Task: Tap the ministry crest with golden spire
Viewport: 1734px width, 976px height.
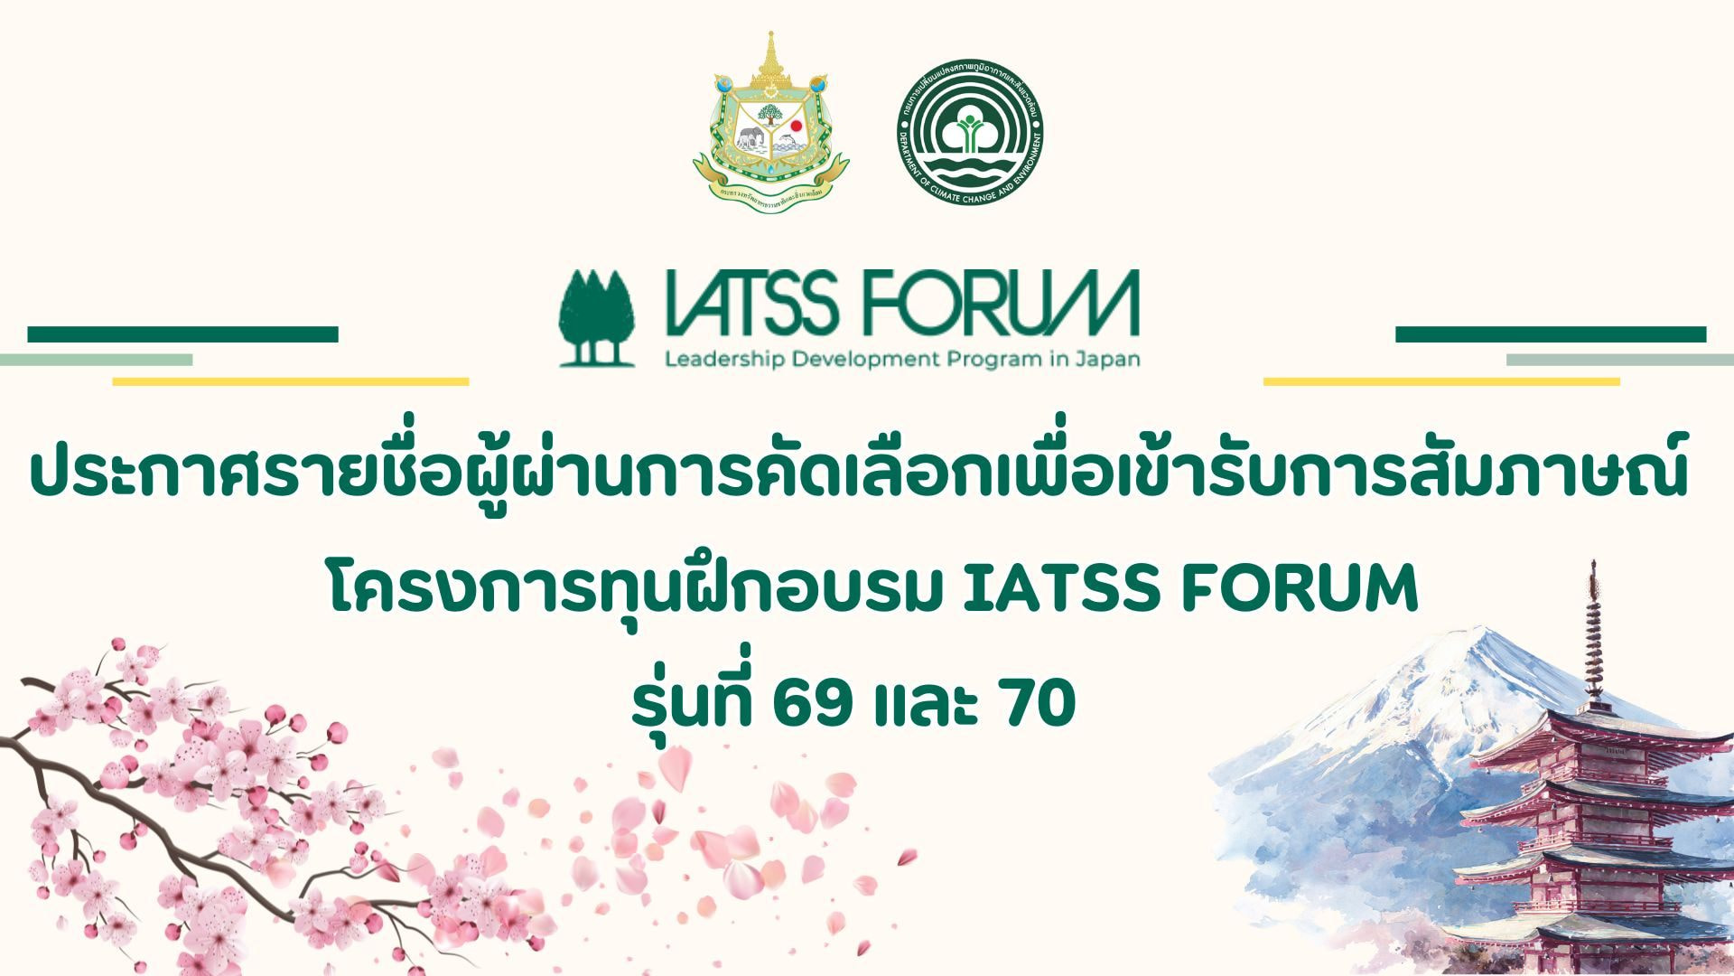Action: (x=770, y=122)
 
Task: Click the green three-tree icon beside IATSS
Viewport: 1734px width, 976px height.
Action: (x=596, y=318)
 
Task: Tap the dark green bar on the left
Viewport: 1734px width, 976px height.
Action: (x=182, y=334)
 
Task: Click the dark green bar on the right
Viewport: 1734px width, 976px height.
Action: (x=1551, y=334)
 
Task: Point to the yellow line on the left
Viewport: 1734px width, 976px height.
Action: (x=290, y=381)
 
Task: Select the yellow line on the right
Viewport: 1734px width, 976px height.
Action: (x=1441, y=381)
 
